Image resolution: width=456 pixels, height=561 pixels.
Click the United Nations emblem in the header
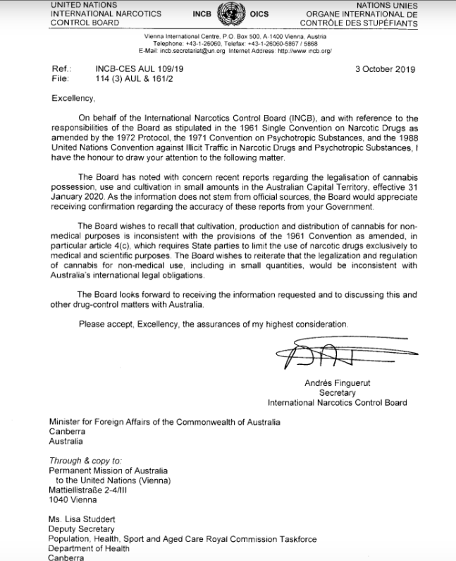click(228, 13)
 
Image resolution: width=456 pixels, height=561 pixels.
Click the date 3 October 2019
click(387, 69)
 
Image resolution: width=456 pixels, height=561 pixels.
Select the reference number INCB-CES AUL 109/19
click(141, 69)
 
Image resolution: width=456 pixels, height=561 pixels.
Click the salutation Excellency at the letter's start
click(73, 99)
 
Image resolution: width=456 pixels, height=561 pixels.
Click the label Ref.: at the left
click(62, 69)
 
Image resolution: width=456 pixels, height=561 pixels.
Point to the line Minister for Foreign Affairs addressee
click(164, 421)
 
